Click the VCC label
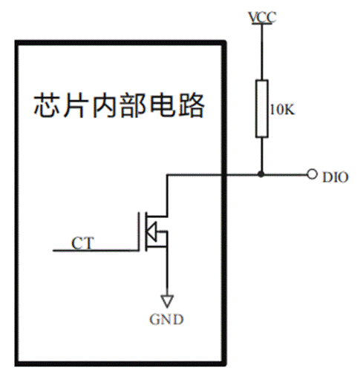click(262, 17)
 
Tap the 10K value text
click(282, 109)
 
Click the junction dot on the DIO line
click(261, 174)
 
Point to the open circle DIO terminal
click(312, 174)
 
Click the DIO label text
click(336, 177)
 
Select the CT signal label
click(83, 242)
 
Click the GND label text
click(166, 319)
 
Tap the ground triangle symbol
click(167, 301)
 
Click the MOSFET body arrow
click(151, 232)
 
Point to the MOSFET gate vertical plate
click(139, 231)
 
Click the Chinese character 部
click(133, 105)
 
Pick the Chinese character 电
click(162, 105)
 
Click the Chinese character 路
click(191, 105)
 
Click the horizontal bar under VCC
click(262, 24)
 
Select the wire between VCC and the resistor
click(262, 52)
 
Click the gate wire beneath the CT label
click(96, 251)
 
